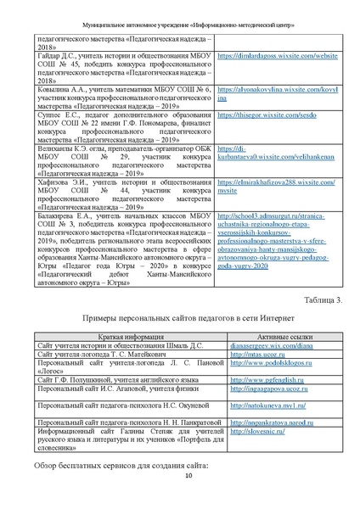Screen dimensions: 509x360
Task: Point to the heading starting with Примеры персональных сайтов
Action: [x=179, y=318]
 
